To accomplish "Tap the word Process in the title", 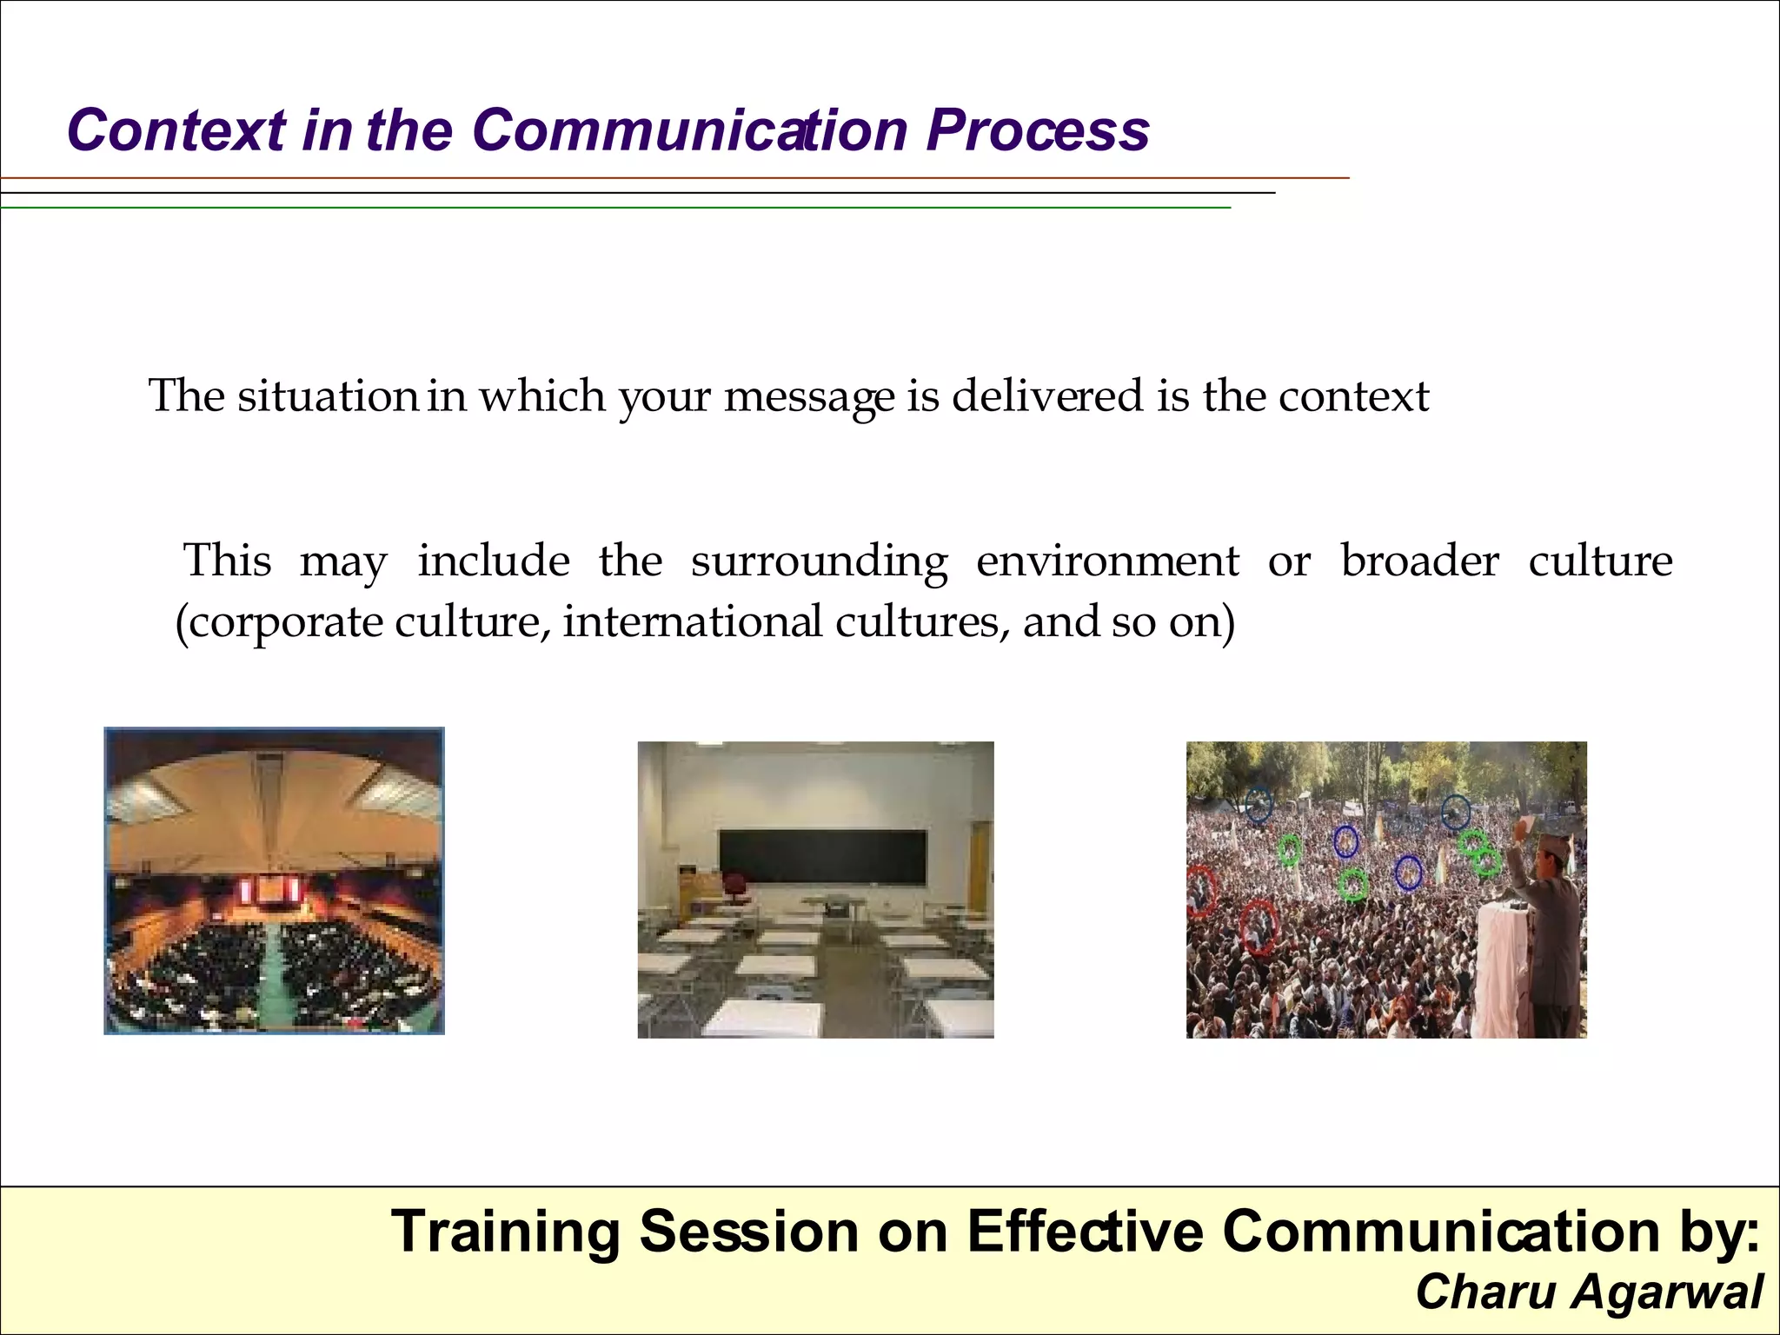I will click(x=1037, y=130).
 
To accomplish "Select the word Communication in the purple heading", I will click(x=691, y=130).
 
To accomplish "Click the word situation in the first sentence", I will click(x=327, y=396).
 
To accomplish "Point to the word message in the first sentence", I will click(x=808, y=396).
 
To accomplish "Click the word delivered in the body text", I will click(x=1046, y=396).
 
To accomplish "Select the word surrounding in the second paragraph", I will click(x=819, y=561).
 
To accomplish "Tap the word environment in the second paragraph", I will click(x=1107, y=561).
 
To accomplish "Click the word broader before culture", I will click(x=1419, y=561).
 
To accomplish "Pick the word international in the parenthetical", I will click(x=692, y=622).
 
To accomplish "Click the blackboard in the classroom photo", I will click(x=822, y=857).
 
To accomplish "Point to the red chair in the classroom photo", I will click(x=735, y=887).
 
